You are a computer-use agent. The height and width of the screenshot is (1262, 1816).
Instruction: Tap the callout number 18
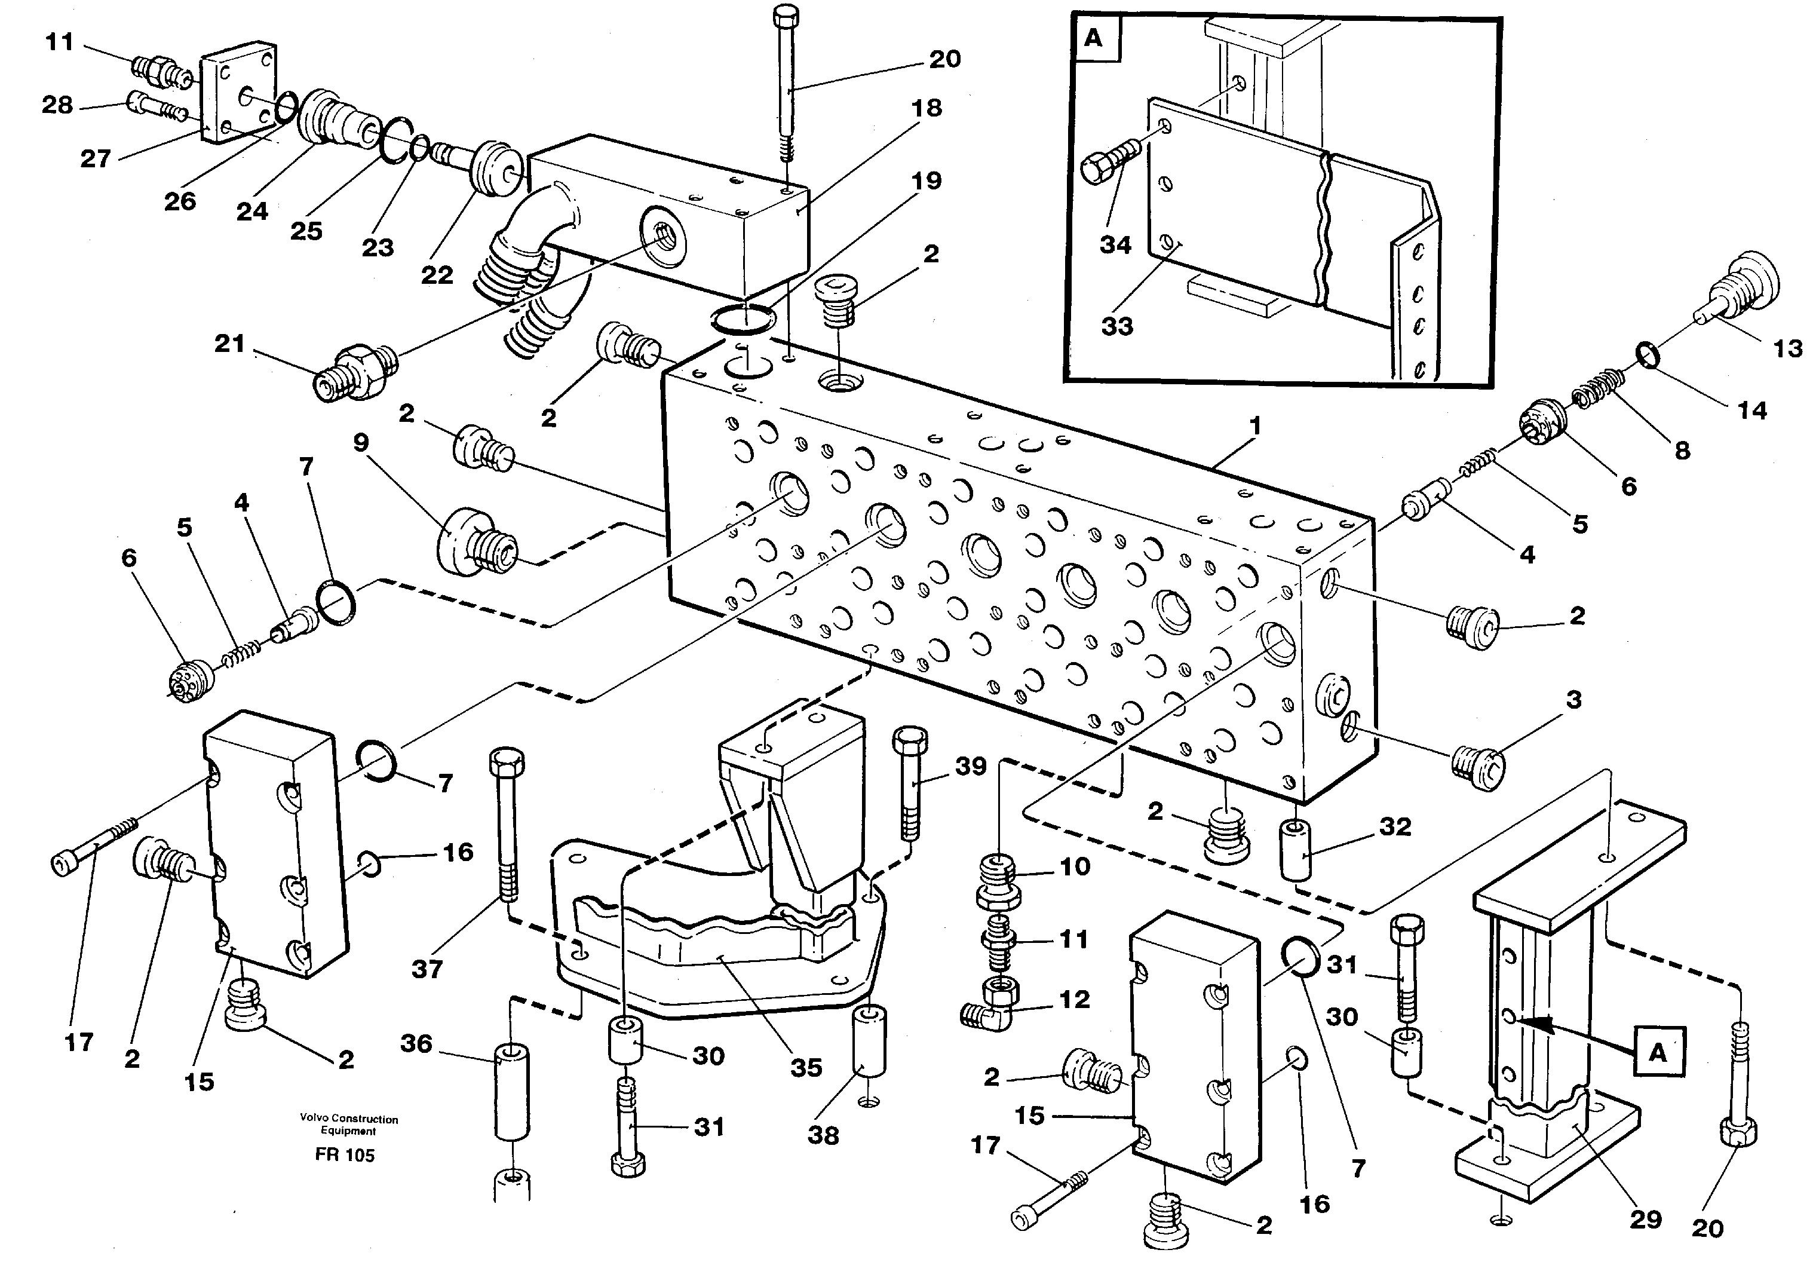point(927,108)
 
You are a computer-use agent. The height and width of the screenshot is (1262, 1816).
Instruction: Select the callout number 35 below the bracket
point(806,1068)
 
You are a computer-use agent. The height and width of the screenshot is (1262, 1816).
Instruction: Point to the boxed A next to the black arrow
point(1658,1052)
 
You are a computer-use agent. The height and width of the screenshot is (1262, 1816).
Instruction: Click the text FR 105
point(345,1155)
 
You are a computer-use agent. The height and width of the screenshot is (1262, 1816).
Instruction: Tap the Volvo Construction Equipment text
point(349,1125)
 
